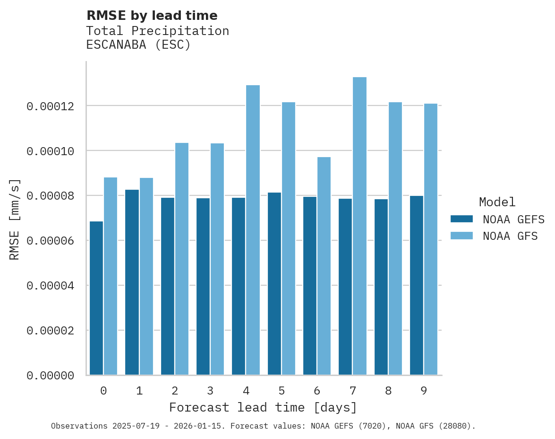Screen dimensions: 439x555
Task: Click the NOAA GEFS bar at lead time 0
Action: (96, 298)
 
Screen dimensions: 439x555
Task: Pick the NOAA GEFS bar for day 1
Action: (132, 282)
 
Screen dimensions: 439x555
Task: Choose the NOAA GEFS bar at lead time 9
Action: (417, 285)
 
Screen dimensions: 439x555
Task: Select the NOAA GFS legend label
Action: (510, 236)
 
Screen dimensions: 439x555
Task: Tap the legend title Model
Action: (497, 202)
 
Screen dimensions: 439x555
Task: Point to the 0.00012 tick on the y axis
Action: (51, 106)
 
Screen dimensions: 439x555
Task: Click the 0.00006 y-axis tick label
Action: (51, 241)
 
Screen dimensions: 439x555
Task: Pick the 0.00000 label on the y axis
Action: (51, 376)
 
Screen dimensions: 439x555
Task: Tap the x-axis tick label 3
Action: (210, 391)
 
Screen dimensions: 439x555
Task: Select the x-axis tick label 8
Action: (388, 391)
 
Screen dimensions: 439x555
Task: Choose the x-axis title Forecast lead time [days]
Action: (263, 407)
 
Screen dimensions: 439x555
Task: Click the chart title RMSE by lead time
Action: (152, 16)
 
